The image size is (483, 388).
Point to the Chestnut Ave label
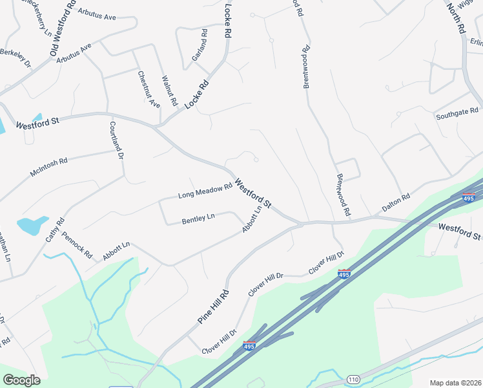click(149, 89)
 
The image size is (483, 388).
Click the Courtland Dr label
click(116, 141)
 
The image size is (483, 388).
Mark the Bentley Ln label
click(198, 219)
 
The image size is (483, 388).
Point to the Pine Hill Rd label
click(214, 306)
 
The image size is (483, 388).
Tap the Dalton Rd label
click(396, 202)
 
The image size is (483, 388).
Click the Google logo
click(21, 380)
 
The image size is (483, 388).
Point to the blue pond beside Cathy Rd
click(32, 226)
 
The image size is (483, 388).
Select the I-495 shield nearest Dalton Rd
click(469, 198)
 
